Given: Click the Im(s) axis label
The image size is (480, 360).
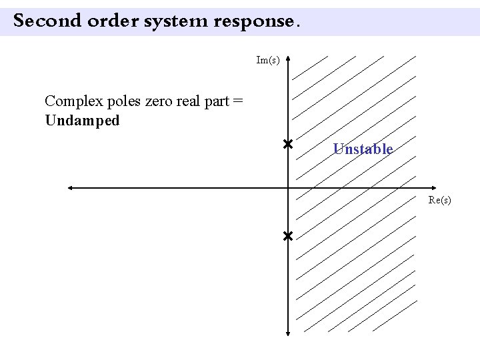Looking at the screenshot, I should pos(268,61).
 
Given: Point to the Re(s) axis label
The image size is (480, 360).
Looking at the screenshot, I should pos(440,200).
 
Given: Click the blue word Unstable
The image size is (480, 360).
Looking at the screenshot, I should pos(363,149).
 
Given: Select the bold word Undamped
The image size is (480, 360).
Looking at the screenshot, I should pos(83,121).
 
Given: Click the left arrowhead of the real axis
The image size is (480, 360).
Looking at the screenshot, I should pos(69,188).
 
